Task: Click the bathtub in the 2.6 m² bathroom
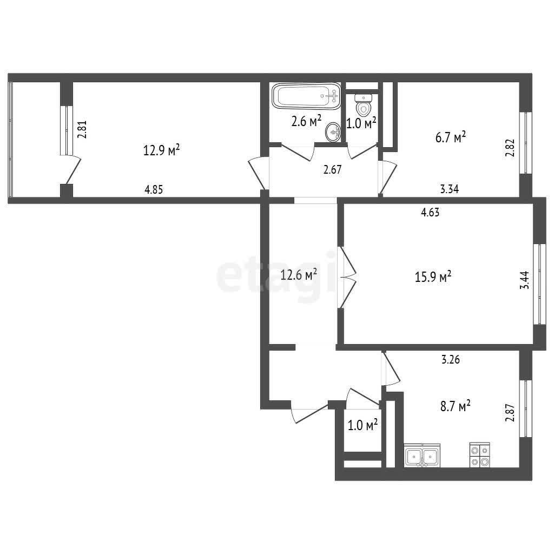pyautogui.click(x=306, y=96)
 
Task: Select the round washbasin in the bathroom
pyautogui.click(x=333, y=132)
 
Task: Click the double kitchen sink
pyautogui.click(x=422, y=456)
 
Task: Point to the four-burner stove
pyautogui.click(x=480, y=455)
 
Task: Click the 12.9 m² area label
pyautogui.click(x=161, y=150)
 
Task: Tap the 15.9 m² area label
pyautogui.click(x=433, y=276)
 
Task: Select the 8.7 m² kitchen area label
pyautogui.click(x=455, y=406)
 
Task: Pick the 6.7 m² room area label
pyautogui.click(x=451, y=137)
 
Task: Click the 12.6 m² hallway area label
pyautogui.click(x=298, y=274)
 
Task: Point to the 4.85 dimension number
pyautogui.click(x=154, y=190)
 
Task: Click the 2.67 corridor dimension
pyautogui.click(x=333, y=169)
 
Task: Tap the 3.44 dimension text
pyautogui.click(x=525, y=280)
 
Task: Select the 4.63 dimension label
pyautogui.click(x=430, y=212)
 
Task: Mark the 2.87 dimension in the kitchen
pyautogui.click(x=510, y=413)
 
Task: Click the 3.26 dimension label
pyautogui.click(x=451, y=359)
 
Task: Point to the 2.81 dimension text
pyautogui.click(x=82, y=130)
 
